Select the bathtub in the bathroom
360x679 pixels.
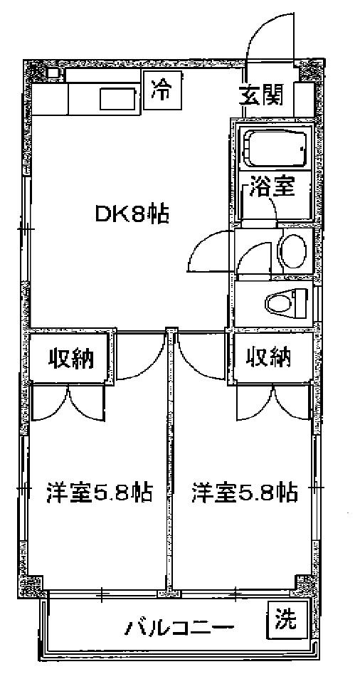click(x=275, y=147)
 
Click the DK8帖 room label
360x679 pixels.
click(x=132, y=214)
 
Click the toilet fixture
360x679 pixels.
click(x=285, y=302)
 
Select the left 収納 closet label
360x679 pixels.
click(x=70, y=358)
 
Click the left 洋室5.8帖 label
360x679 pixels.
click(x=99, y=491)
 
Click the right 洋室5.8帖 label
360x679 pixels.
click(x=245, y=491)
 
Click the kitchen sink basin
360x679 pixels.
click(x=119, y=99)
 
